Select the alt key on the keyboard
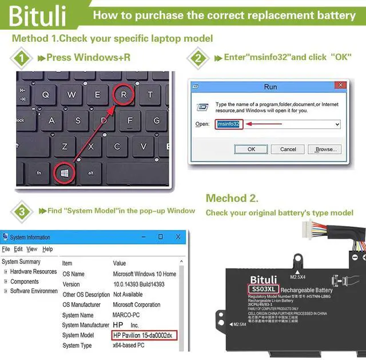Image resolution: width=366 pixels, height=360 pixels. click(x=90, y=172)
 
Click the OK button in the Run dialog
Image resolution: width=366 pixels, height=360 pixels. click(x=251, y=149)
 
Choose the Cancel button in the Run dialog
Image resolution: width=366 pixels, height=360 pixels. click(x=287, y=149)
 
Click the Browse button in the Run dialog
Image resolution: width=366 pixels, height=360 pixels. click(x=325, y=149)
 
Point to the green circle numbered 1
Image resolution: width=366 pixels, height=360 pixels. click(x=21, y=58)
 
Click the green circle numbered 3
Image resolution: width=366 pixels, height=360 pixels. click(x=21, y=212)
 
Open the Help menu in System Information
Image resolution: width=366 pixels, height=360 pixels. click(x=47, y=249)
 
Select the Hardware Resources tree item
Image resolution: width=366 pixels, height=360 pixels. click(x=33, y=271)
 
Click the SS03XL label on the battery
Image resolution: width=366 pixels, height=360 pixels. click(x=264, y=290)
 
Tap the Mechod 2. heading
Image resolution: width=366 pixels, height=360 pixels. click(x=232, y=199)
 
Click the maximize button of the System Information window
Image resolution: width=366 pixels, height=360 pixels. click(x=160, y=236)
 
